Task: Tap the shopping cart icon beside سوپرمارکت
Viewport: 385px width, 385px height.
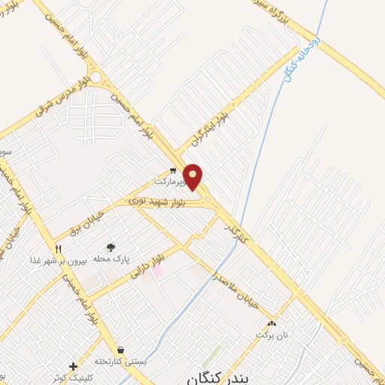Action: point(173,171)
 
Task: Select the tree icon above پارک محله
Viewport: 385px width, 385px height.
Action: point(111,247)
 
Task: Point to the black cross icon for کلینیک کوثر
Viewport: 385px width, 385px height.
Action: point(73,366)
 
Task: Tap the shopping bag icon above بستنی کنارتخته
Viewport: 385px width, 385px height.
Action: point(120,350)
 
